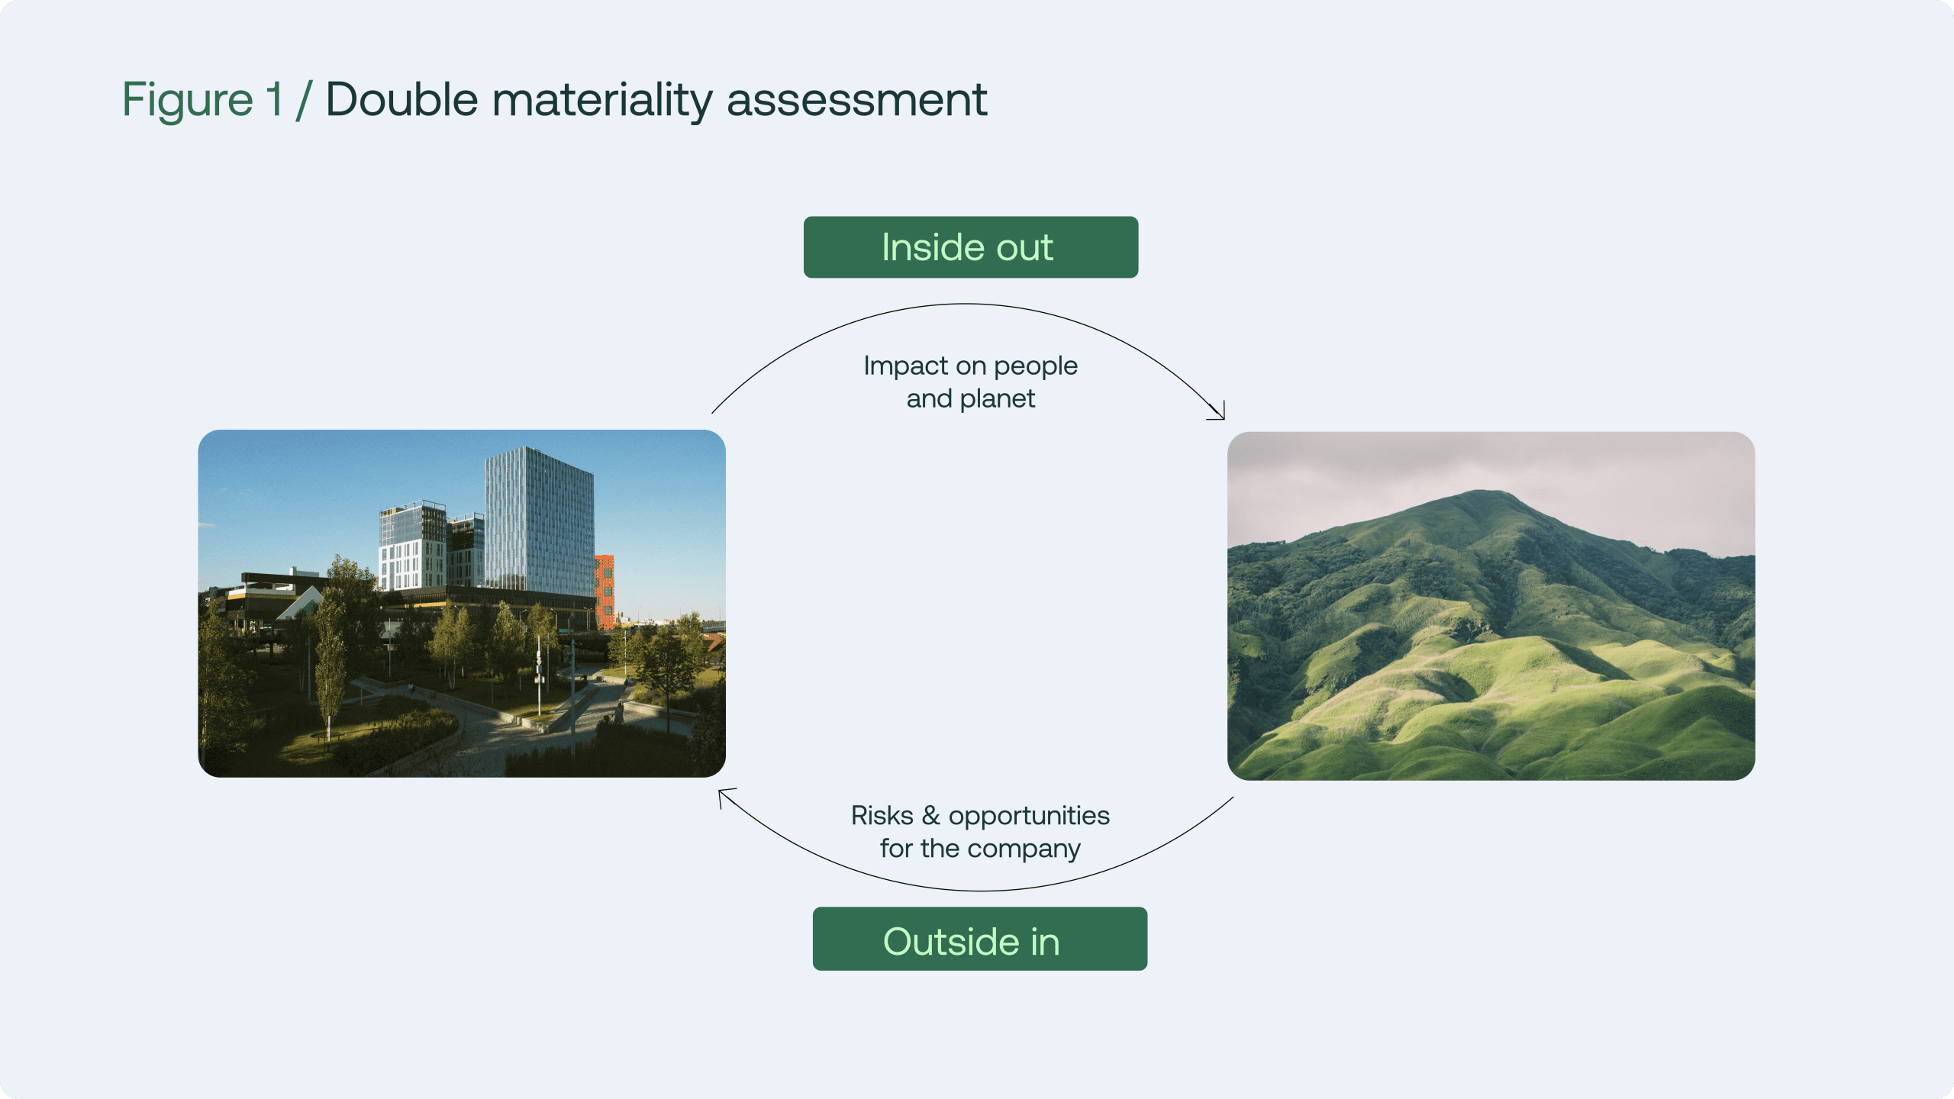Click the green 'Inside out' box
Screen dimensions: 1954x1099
[x=971, y=247]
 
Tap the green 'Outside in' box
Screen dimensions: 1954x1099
[x=980, y=939]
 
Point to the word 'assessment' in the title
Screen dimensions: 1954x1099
[x=857, y=101]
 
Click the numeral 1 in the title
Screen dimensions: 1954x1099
[x=274, y=99]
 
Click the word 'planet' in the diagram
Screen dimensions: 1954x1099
[x=998, y=400]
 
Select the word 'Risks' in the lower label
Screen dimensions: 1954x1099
[x=882, y=816]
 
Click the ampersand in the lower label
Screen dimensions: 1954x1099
[x=931, y=816]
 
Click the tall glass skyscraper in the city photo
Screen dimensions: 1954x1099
[x=540, y=519]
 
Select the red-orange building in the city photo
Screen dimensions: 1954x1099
[x=605, y=591]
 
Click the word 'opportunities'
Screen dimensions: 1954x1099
[x=1029, y=817]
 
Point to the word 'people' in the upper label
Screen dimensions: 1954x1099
[x=1036, y=367]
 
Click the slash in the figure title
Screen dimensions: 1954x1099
[x=305, y=100]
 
